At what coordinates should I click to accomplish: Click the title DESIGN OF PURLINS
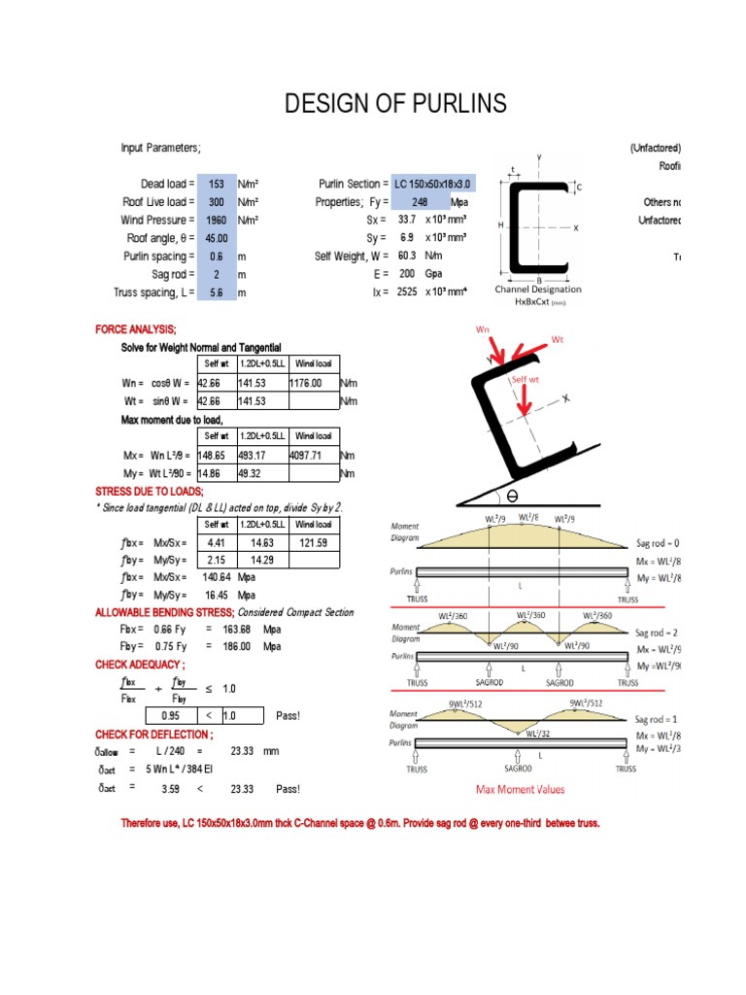pyautogui.click(x=395, y=105)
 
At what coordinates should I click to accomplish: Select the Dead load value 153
pyautogui.click(x=216, y=184)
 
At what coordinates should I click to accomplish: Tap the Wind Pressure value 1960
pyautogui.click(x=216, y=220)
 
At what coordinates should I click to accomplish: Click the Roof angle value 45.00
pyautogui.click(x=216, y=238)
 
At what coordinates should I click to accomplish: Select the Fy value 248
pyautogui.click(x=420, y=202)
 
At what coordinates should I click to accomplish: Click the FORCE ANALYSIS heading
pyautogui.click(x=136, y=330)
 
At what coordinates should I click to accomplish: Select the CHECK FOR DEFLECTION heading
pyautogui.click(x=151, y=734)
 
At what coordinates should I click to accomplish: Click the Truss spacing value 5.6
pyautogui.click(x=216, y=292)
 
